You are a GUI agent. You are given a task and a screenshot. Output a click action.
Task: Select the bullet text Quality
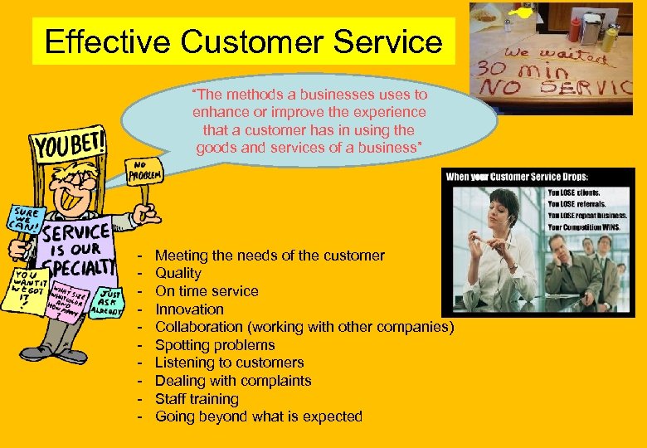pyautogui.click(x=178, y=273)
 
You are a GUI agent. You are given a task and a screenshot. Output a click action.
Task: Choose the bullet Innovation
pyautogui.click(x=189, y=309)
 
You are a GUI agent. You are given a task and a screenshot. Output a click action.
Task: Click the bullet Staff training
pyautogui.click(x=197, y=399)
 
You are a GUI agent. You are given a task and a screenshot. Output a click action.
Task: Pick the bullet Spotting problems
pyautogui.click(x=215, y=345)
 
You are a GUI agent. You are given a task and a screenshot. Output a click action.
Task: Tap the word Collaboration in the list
pyautogui.click(x=195, y=327)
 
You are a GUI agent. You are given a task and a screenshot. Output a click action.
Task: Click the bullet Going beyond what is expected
pyautogui.click(x=259, y=416)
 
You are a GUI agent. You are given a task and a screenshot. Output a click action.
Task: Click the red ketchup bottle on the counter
pyautogui.click(x=575, y=30)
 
